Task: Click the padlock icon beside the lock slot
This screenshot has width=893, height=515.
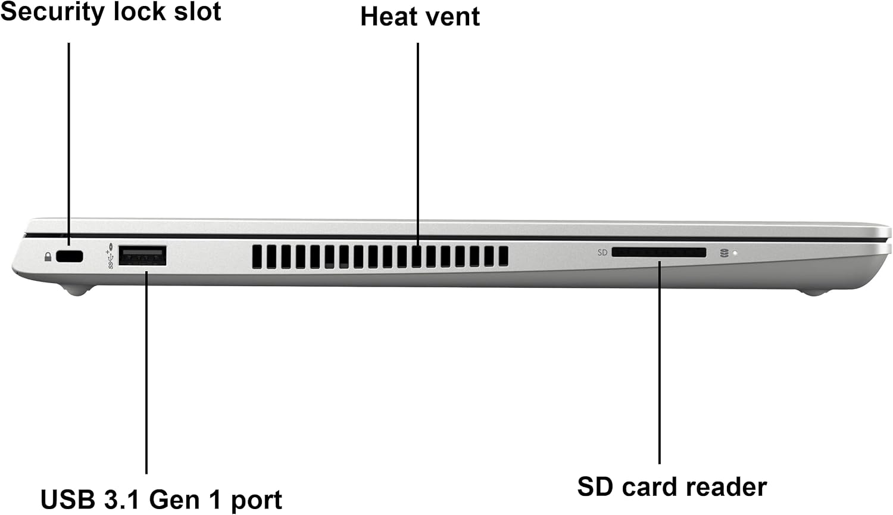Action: (x=48, y=256)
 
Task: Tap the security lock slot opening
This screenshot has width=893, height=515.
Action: (x=70, y=256)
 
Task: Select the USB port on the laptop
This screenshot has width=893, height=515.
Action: (x=142, y=256)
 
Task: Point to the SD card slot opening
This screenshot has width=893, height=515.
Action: (x=658, y=253)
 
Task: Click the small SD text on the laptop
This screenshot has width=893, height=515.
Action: (x=602, y=253)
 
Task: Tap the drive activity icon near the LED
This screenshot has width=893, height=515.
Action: (x=725, y=253)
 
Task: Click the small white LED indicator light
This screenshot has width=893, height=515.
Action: (x=735, y=253)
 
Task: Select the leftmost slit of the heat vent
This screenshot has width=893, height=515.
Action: (x=257, y=257)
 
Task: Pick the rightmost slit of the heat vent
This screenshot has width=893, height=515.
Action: (x=504, y=256)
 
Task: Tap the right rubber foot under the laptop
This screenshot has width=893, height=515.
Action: (x=814, y=292)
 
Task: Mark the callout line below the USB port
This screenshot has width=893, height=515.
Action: (x=146, y=373)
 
